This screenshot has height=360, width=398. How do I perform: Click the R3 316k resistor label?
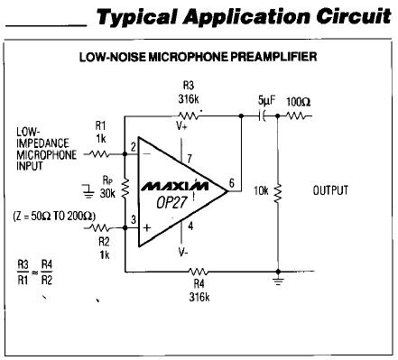point(189,92)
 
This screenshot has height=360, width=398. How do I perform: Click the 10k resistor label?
point(261,191)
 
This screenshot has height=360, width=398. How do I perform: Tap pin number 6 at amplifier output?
point(232,182)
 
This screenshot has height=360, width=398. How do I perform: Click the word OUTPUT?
point(330,190)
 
